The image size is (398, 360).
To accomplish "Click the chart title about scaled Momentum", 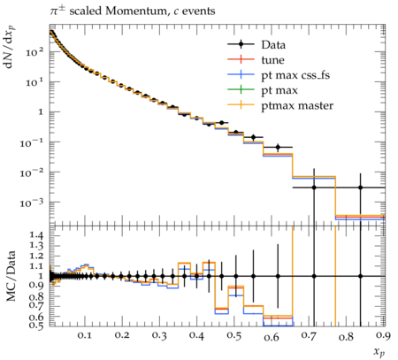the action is click(x=133, y=11).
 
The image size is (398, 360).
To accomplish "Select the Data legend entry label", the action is click(x=273, y=45).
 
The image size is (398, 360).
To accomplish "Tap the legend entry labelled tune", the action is click(x=272, y=60).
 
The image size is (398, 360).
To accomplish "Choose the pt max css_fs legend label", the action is click(x=295, y=75).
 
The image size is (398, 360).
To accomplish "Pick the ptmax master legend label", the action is click(x=297, y=105).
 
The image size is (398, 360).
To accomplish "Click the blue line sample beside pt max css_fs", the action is click(x=241, y=74).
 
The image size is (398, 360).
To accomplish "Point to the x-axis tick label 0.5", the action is click(x=234, y=335).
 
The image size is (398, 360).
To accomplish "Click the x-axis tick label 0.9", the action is click(x=383, y=335).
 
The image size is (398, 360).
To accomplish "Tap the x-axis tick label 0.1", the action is click(x=85, y=335).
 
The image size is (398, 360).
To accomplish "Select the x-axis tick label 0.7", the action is click(x=309, y=335).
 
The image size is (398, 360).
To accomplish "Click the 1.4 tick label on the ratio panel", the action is click(x=36, y=235).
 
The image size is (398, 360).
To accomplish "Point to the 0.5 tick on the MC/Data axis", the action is click(x=36, y=326).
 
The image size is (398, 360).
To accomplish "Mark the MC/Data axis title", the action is click(x=11, y=276).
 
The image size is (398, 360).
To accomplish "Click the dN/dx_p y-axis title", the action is click(x=10, y=47).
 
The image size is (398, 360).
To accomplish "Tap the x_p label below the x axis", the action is click(x=379, y=351).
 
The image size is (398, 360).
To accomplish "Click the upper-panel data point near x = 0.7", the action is click(x=314, y=188).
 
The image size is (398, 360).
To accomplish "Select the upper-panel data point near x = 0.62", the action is click(x=278, y=147).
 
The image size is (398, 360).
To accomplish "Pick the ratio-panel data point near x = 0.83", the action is click(x=360, y=276).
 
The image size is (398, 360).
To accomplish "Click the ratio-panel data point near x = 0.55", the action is click(x=253, y=276).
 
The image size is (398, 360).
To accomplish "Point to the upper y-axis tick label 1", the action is click(x=41, y=112).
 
